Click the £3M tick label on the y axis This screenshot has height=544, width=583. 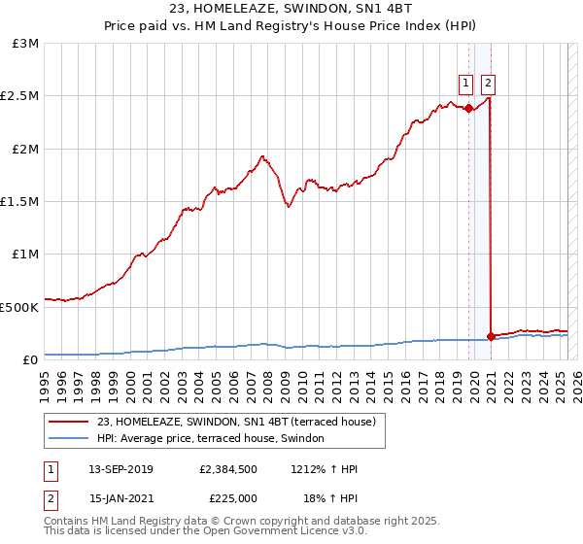point(26,44)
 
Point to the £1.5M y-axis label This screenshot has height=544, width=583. point(21,202)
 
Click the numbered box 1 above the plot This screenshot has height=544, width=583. point(466,83)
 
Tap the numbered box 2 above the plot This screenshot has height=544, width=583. point(488,83)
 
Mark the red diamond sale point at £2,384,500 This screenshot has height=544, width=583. point(468,108)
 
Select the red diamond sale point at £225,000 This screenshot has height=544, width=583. point(491,336)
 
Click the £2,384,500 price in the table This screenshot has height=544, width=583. point(226,469)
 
